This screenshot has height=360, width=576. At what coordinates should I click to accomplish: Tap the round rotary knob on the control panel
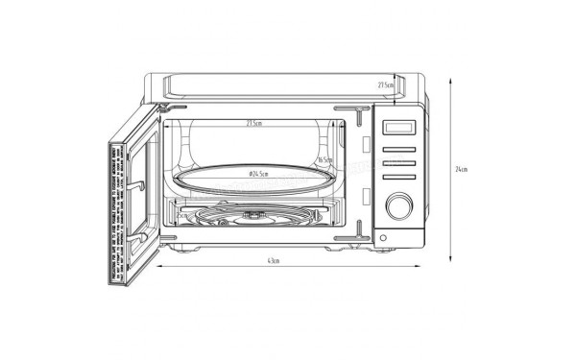click(x=397, y=204)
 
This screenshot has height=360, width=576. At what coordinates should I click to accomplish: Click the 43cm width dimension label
click(x=273, y=261)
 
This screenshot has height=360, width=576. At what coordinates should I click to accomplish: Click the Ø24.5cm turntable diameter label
click(x=259, y=175)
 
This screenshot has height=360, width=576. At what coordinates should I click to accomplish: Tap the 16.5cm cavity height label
click(x=324, y=160)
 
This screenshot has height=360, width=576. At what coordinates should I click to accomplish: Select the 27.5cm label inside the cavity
click(x=254, y=124)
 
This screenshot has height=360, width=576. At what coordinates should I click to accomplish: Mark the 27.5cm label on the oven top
click(x=386, y=85)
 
